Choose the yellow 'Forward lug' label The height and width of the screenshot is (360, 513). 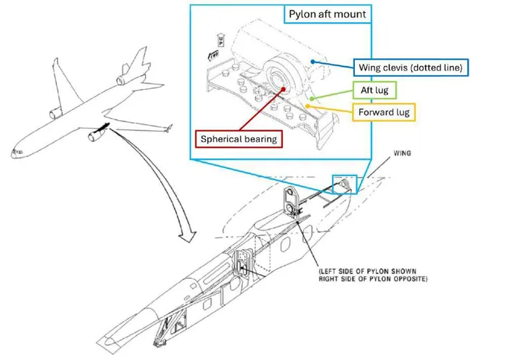pos(383,112)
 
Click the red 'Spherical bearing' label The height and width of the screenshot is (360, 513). pos(238,138)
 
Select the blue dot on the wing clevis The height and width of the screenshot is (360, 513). pos(313,61)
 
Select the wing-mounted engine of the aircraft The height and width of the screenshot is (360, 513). pos(94,137)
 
